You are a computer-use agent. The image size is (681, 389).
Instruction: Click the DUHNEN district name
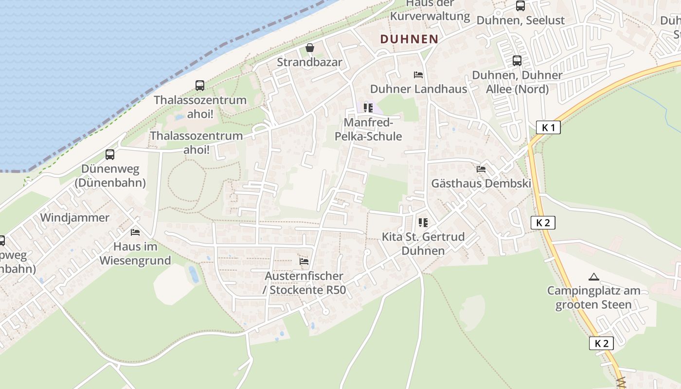pyautogui.click(x=409, y=39)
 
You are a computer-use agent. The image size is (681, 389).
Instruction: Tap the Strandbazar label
pyautogui.click(x=310, y=62)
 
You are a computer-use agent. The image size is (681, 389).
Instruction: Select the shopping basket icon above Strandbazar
pyautogui.click(x=310, y=48)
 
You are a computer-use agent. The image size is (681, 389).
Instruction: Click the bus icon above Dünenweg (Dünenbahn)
pyautogui.click(x=110, y=155)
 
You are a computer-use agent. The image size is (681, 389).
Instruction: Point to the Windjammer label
pyautogui.click(x=75, y=217)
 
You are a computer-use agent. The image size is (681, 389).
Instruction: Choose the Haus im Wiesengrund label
pyautogui.click(x=135, y=253)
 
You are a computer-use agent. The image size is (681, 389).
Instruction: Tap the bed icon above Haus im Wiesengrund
pyautogui.click(x=135, y=232)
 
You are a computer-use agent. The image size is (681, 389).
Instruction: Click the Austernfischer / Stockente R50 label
pyautogui.click(x=305, y=283)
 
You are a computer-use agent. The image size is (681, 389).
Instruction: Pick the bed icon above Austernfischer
pyautogui.click(x=304, y=262)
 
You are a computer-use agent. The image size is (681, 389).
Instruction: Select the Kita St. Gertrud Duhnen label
pyautogui.click(x=423, y=244)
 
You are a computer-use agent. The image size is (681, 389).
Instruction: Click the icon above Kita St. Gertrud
pyautogui.click(x=423, y=223)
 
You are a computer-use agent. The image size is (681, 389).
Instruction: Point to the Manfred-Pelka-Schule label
pyautogui.click(x=368, y=129)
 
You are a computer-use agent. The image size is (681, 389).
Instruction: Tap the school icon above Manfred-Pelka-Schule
pyautogui.click(x=368, y=107)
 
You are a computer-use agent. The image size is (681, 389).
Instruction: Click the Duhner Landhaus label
pyautogui.click(x=418, y=89)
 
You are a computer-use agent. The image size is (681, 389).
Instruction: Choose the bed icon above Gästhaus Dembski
pyautogui.click(x=481, y=169)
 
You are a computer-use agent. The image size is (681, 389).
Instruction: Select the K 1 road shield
pyautogui.click(x=548, y=128)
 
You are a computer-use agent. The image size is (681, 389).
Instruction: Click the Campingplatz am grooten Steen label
pyautogui.click(x=593, y=298)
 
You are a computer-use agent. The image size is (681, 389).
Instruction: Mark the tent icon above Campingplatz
pyautogui.click(x=593, y=277)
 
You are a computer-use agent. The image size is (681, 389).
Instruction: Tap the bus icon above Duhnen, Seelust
pyautogui.click(x=520, y=6)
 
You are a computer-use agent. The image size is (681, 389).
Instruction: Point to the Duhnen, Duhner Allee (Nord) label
pyautogui.click(x=517, y=82)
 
